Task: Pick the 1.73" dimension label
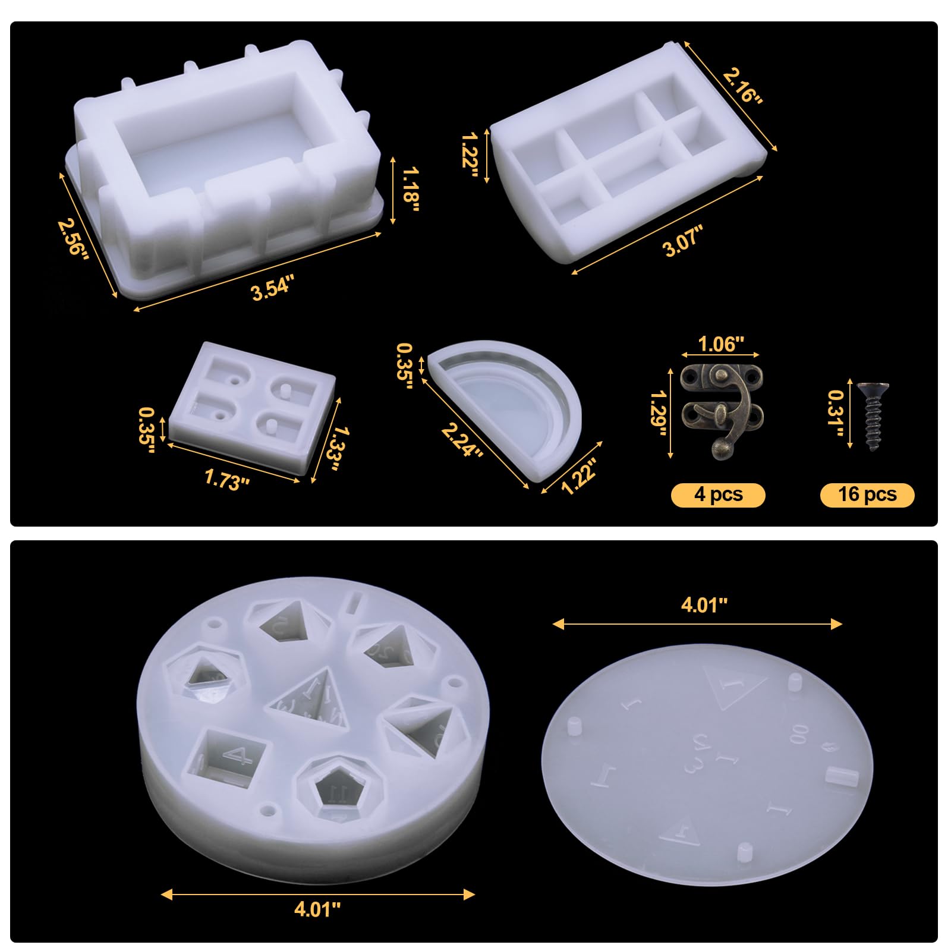[x=226, y=479]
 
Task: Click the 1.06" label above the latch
[x=721, y=344]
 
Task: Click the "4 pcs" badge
[x=718, y=495]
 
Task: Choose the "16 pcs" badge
[x=867, y=495]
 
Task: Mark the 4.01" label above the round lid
[x=704, y=604]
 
